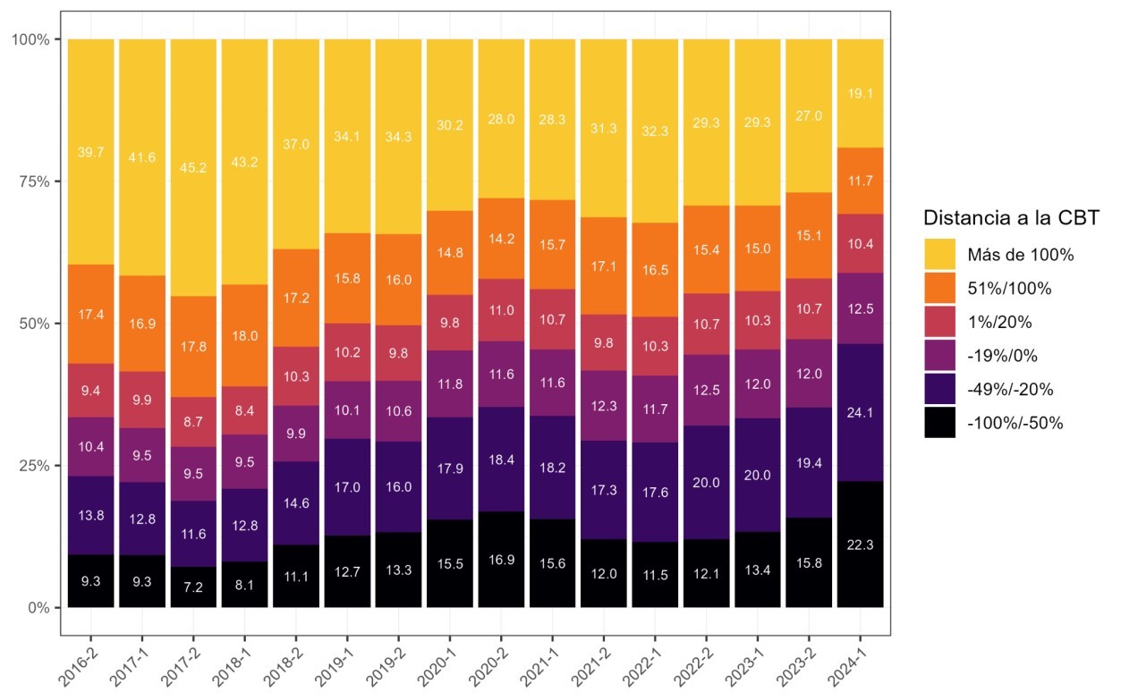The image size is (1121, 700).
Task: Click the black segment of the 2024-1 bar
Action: (860, 544)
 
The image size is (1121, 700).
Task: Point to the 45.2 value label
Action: (193, 165)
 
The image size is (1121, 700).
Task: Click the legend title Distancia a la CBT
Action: (1010, 218)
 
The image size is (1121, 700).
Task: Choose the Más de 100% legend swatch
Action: (939, 254)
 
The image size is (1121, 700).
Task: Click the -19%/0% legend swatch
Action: (939, 356)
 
